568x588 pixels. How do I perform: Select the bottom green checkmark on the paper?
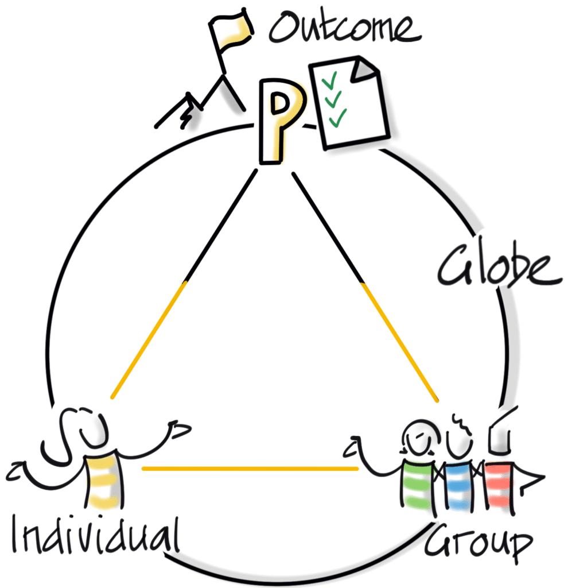coord(337,119)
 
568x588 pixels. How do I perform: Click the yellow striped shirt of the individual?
coord(104,480)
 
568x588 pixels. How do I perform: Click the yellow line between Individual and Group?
coord(250,469)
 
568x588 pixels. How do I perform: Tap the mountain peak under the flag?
coord(220,80)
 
